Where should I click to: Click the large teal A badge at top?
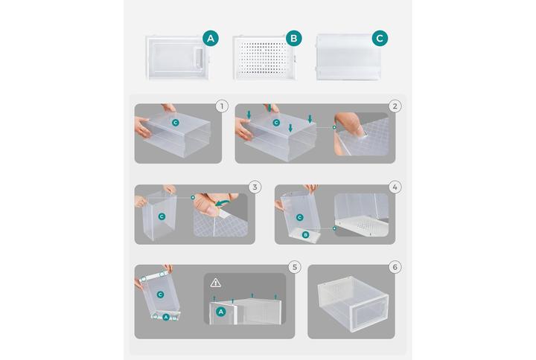pos(211,38)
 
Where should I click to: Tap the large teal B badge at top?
pos(293,38)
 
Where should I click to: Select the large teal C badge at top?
pos(380,38)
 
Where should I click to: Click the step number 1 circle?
pos(222,106)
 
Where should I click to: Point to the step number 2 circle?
pos(395,106)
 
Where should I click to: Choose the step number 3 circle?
pos(255,187)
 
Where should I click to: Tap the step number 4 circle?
pos(395,187)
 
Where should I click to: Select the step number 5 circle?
pos(295,267)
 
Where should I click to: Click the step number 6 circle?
pos(395,267)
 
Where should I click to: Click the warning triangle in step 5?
pos(216,283)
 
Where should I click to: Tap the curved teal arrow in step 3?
pos(222,204)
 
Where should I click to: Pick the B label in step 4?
pos(306,234)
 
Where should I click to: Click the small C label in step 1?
pos(176,123)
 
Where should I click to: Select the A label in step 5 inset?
pos(221,312)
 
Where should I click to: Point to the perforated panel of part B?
pos(264,58)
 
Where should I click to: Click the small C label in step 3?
pos(162,216)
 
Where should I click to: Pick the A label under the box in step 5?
pos(166,318)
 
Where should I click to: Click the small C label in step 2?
pos(276,123)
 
